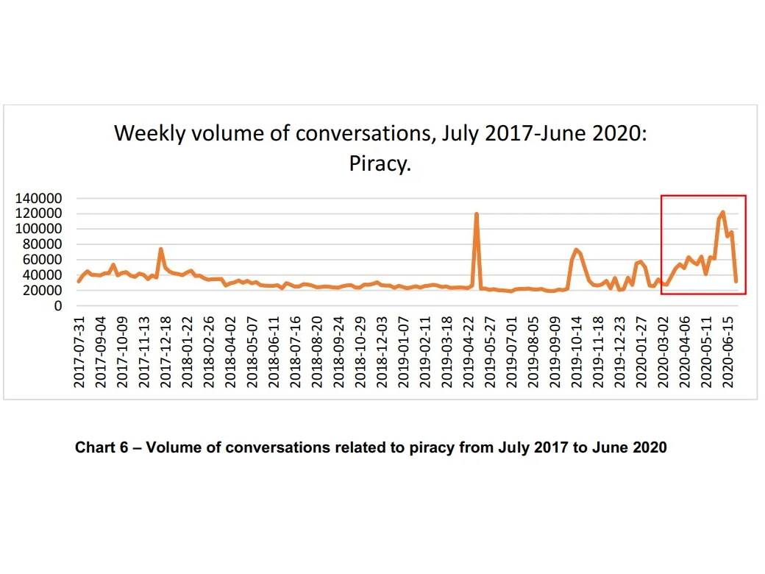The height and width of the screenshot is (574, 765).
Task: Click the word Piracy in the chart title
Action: click(x=379, y=163)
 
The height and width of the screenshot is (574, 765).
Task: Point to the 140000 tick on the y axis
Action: click(x=46, y=199)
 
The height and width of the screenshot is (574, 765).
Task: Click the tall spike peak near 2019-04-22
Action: click(x=477, y=214)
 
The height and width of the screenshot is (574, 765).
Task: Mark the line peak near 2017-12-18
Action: click(x=160, y=249)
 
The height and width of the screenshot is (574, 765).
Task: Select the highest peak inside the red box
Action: click(x=722, y=212)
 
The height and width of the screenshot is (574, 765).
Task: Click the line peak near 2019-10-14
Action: click(x=576, y=249)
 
